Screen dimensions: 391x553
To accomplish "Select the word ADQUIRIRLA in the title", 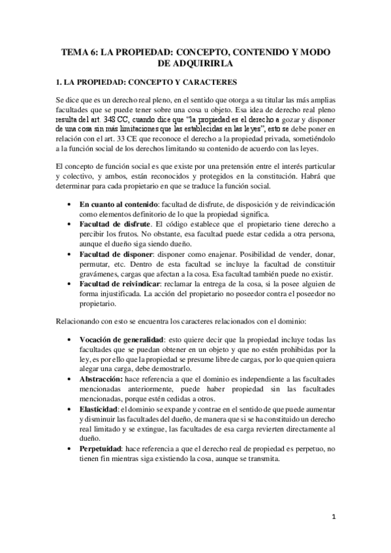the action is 196,64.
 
